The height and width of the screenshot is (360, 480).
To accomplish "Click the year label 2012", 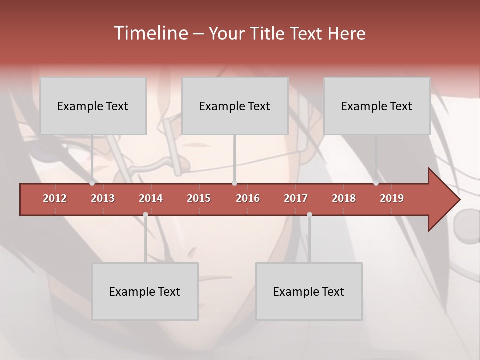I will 55,198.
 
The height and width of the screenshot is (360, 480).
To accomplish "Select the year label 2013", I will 103,198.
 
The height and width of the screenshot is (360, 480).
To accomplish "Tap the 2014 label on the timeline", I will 151,198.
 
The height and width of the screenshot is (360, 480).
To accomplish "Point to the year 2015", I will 199,198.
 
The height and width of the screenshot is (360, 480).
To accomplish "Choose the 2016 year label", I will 248,198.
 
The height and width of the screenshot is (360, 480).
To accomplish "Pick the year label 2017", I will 296,198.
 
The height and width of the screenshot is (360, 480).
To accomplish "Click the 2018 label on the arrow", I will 344,198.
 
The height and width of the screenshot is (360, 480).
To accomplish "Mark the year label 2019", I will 392,198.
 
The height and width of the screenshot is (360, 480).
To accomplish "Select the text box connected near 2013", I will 93,106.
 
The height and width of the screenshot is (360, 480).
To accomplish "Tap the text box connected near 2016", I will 235,106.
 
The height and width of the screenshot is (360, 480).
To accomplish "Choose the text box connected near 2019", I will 377,106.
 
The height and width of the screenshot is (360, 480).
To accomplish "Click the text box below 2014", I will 145,291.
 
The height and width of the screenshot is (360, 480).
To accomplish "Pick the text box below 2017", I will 309,291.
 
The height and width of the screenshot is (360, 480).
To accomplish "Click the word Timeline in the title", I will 149,33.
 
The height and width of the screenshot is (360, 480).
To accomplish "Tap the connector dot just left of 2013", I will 92,183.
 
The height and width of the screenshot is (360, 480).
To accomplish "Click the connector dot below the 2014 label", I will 145,214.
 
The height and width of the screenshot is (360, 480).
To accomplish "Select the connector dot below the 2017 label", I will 309,214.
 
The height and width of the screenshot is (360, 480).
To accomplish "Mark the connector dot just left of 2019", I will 376,183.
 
